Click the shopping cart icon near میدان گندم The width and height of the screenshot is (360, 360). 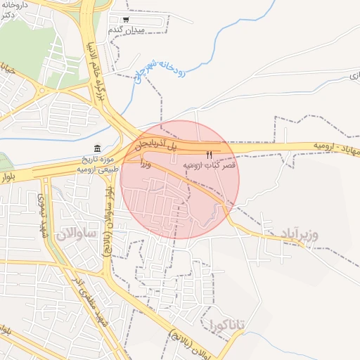(126, 20)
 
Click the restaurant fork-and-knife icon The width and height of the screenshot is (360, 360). (208, 154)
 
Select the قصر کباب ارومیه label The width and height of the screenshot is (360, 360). (210, 165)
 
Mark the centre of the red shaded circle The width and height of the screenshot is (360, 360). (180, 180)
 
